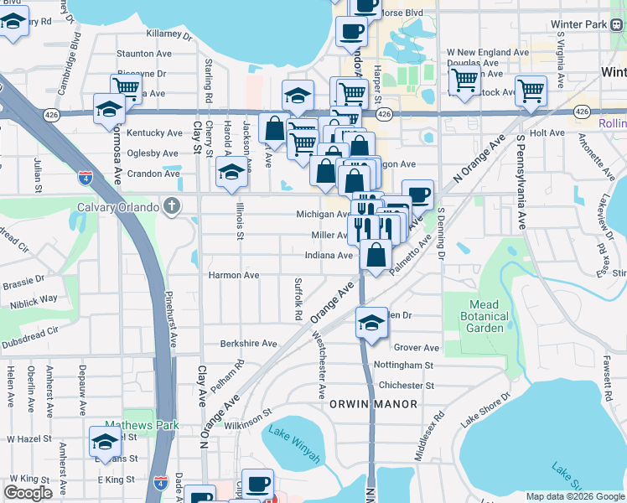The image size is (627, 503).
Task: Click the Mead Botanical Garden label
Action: (484, 316)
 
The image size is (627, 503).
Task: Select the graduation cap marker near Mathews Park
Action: (106, 441)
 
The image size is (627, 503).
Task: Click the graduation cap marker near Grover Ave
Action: (371, 322)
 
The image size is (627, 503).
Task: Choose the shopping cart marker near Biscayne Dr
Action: (126, 86)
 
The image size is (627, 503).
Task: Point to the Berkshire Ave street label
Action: (248, 344)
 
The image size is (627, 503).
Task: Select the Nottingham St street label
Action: (403, 366)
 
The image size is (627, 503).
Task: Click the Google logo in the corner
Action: (28, 493)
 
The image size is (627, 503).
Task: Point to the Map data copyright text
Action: (574, 496)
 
